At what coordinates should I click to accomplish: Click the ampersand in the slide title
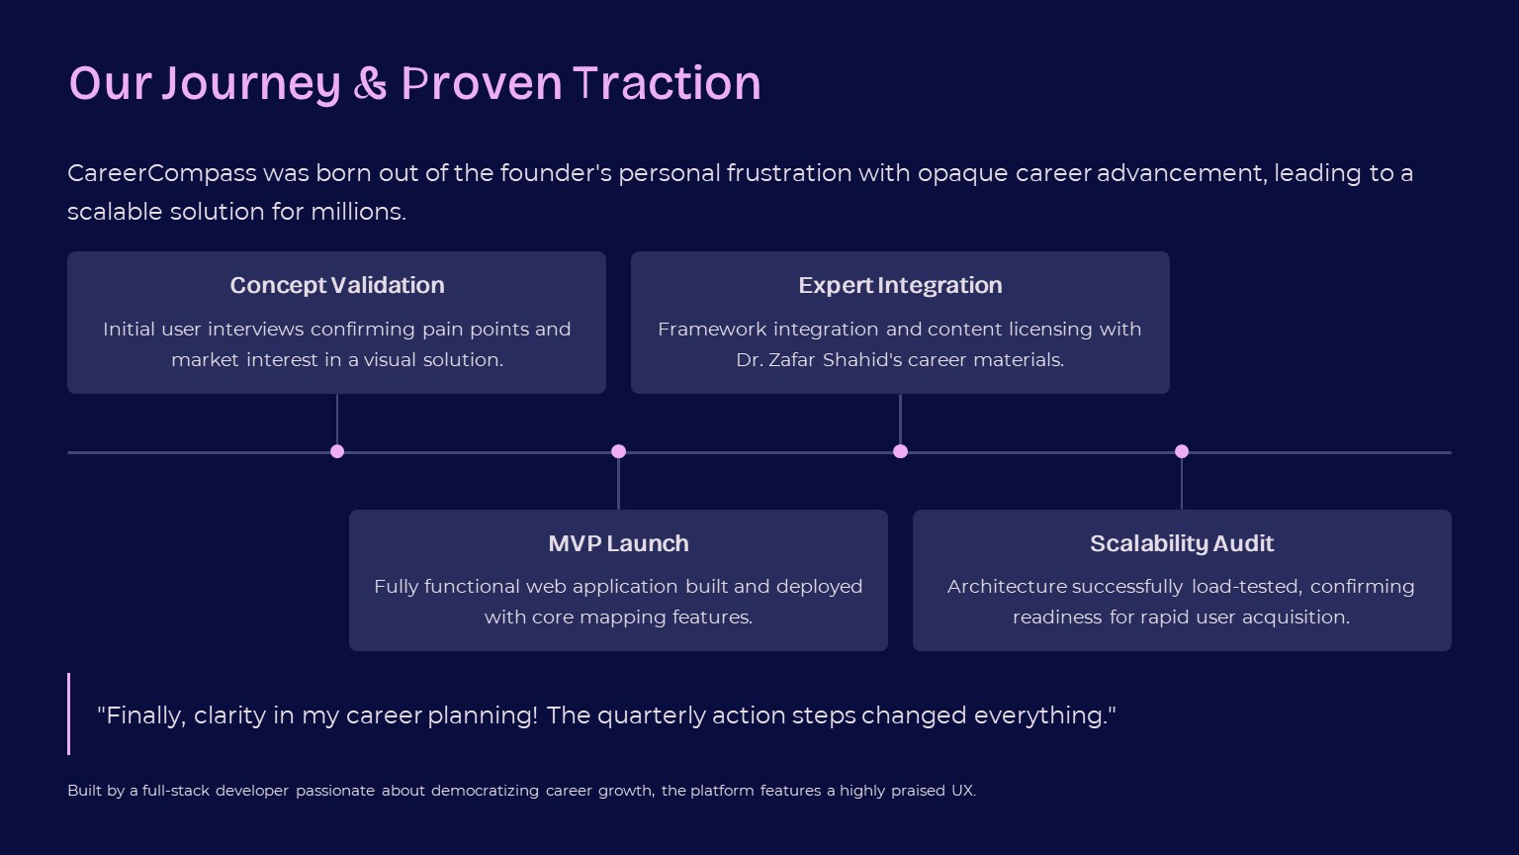(370, 84)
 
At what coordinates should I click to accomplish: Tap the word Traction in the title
(667, 83)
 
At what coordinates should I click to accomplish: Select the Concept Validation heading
(337, 285)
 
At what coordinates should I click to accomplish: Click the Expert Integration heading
(900, 285)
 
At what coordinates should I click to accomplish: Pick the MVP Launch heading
(618, 543)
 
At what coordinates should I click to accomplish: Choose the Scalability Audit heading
(1182, 543)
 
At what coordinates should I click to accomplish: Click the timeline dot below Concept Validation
(337, 451)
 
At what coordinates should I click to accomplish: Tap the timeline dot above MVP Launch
(618, 451)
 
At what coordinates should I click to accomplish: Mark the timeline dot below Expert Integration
(900, 451)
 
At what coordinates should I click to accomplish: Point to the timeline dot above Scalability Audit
(1182, 451)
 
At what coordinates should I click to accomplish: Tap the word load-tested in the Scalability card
(1247, 587)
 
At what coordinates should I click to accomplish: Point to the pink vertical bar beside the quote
(69, 713)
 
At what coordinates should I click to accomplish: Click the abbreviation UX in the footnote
(962, 791)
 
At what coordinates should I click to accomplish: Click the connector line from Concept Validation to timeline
(337, 420)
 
